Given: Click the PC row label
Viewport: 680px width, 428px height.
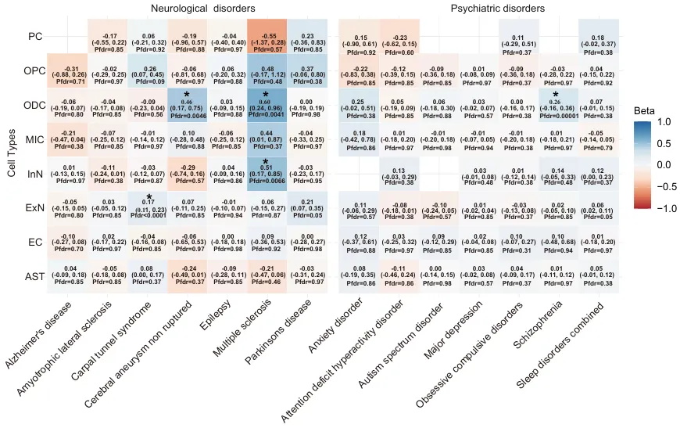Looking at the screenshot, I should (x=34, y=36).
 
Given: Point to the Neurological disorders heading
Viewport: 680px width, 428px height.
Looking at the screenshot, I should (x=191, y=8).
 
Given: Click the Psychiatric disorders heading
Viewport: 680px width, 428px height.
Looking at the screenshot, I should (x=497, y=8).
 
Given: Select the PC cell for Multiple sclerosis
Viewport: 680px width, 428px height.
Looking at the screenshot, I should (x=267, y=36).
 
